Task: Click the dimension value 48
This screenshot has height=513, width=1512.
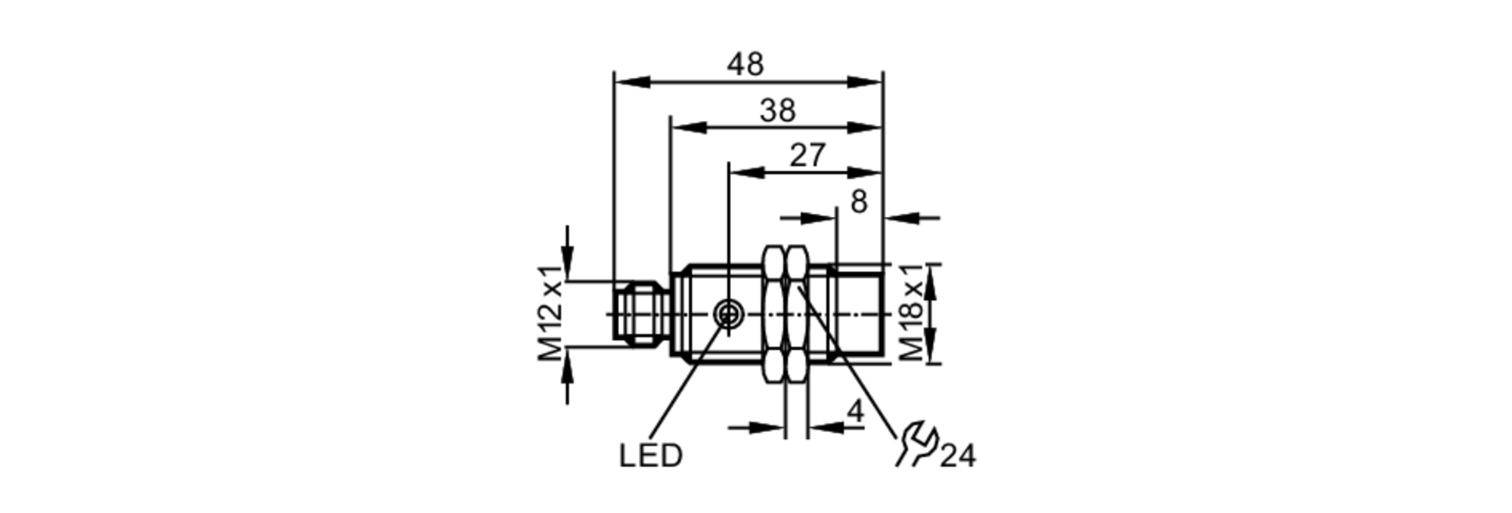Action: point(745,65)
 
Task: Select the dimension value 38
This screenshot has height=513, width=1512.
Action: point(778,111)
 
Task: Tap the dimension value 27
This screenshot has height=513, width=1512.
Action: point(807,156)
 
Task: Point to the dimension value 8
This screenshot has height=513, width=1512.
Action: point(859,202)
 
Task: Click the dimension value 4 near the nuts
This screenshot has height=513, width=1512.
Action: point(855,412)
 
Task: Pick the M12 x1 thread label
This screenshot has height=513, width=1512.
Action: point(551,314)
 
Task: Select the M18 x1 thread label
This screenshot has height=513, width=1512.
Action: point(912,314)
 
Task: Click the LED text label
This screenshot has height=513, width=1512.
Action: point(650,456)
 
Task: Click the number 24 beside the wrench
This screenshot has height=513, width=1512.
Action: point(958,456)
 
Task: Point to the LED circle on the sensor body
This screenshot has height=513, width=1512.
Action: point(728,313)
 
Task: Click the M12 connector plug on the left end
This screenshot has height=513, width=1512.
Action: point(639,314)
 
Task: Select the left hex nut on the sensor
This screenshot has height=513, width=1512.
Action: point(774,314)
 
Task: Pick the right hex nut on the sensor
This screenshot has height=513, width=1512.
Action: point(795,314)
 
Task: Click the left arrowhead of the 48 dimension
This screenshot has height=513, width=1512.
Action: point(631,82)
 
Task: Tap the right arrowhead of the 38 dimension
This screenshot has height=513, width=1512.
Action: point(866,127)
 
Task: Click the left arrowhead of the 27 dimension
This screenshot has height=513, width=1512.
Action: point(745,173)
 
